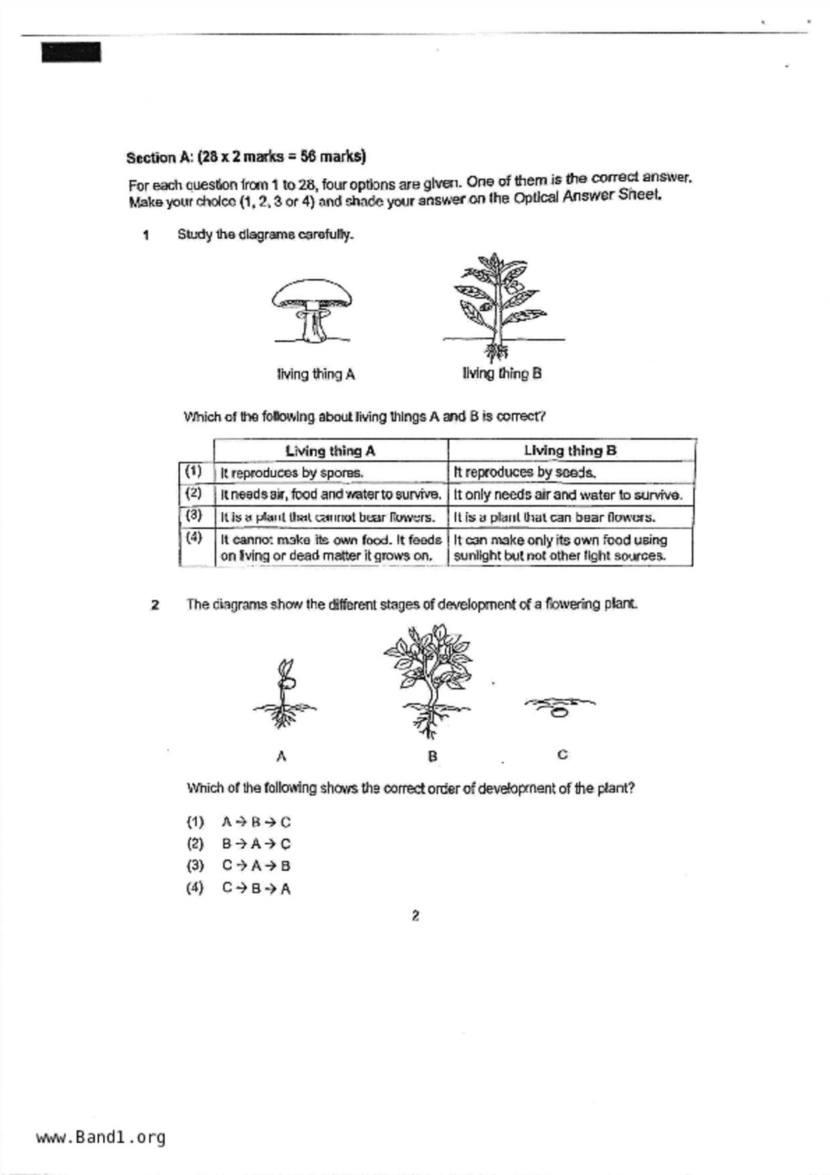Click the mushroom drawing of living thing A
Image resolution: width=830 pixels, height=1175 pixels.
point(312,309)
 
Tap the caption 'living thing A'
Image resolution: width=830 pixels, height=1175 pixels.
point(316,374)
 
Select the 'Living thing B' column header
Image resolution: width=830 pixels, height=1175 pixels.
point(570,450)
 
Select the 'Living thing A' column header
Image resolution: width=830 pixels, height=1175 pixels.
point(330,451)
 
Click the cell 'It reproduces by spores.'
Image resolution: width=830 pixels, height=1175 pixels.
point(292,473)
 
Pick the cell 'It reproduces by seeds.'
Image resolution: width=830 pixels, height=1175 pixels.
point(525,472)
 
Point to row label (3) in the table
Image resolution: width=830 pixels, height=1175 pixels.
point(194,515)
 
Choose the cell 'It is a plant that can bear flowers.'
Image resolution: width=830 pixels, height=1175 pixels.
point(555,517)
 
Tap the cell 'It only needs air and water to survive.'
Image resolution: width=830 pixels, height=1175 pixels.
point(568,495)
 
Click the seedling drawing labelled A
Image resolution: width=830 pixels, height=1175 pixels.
point(284,695)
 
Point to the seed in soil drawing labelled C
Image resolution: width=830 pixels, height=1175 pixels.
point(559,707)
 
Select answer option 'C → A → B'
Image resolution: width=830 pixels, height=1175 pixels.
point(256,866)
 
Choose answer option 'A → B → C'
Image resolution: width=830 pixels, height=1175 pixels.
point(256,822)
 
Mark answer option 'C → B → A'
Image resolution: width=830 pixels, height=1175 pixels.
point(256,889)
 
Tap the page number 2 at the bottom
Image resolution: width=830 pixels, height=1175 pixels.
point(415,916)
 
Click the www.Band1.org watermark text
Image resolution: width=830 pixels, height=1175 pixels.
point(100,1137)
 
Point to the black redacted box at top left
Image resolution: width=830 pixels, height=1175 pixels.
point(72,52)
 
